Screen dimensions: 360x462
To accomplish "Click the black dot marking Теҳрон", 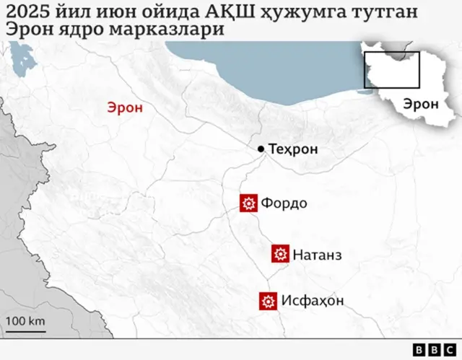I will (261, 149).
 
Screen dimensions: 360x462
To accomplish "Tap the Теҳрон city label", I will (292, 149).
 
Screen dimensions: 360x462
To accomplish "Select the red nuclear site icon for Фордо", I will (249, 203).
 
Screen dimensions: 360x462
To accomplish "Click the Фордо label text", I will (284, 203).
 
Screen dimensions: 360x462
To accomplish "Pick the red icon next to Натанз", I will (280, 254).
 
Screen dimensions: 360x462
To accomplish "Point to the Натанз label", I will (317, 254).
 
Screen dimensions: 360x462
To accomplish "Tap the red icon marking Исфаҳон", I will (269, 301).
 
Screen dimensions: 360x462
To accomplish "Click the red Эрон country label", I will (125, 107).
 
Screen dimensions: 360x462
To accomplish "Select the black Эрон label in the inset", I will (421, 103).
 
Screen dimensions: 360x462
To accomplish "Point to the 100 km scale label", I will (26, 320).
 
